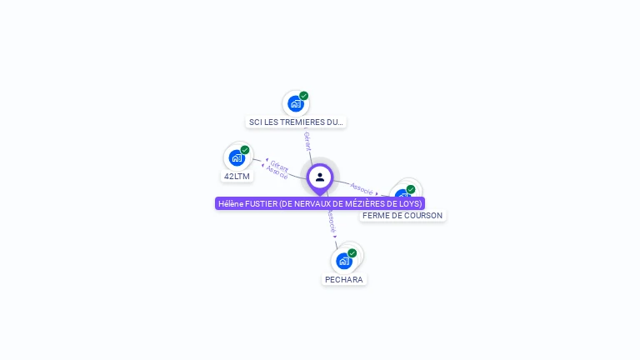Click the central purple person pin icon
tap(320, 177)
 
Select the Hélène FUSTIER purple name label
tap(320, 203)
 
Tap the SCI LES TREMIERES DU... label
tap(296, 122)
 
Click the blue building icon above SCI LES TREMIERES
tap(295, 103)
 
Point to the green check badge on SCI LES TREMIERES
tap(304, 96)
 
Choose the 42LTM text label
tap(237, 176)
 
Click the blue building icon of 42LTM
tap(237, 157)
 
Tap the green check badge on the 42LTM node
tap(245, 150)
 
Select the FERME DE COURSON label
tap(402, 215)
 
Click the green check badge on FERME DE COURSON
tap(411, 189)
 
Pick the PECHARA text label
tap(344, 279)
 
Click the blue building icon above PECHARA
tap(343, 261)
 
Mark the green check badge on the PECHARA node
tap(352, 253)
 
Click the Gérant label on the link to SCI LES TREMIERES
tap(307, 141)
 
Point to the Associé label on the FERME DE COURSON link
tap(362, 188)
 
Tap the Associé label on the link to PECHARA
tap(331, 221)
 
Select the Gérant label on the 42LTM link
tap(279, 166)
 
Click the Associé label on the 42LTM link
tap(277, 172)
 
